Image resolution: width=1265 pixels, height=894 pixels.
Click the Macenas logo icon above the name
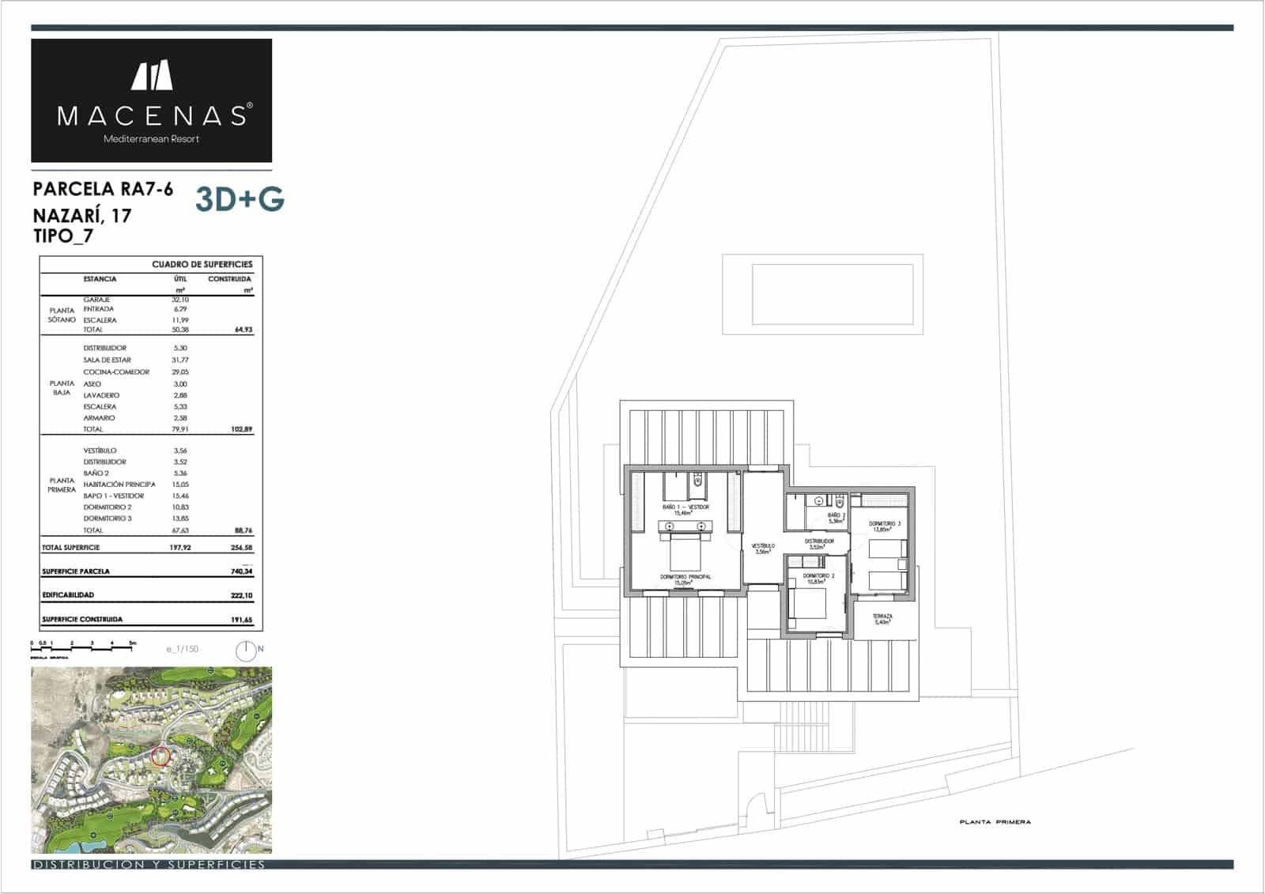(x=152, y=75)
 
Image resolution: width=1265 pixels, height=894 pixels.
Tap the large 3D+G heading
(x=240, y=200)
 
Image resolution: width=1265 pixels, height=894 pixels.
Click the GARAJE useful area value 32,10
(x=180, y=300)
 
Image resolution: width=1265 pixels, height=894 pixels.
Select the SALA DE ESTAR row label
(x=108, y=360)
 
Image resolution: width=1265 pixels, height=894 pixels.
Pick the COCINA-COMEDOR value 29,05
(x=180, y=372)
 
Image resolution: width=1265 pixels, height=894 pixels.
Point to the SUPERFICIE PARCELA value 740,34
(x=241, y=571)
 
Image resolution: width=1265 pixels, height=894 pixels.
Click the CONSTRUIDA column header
(x=229, y=279)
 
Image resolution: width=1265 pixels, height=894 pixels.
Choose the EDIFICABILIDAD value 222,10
(x=241, y=595)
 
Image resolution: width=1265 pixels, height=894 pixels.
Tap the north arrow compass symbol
(x=246, y=651)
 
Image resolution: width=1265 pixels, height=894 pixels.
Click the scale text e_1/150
(x=183, y=649)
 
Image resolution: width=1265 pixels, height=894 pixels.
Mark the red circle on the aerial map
(x=160, y=756)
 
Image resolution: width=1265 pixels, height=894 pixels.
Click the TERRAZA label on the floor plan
(x=882, y=617)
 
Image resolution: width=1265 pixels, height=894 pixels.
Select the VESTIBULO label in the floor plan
(x=763, y=547)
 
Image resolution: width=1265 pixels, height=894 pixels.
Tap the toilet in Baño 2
(x=840, y=501)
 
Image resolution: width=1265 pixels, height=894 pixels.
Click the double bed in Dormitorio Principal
(x=685, y=553)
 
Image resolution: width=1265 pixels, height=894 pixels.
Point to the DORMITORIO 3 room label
(x=885, y=525)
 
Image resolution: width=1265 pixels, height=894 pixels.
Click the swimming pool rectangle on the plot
(x=822, y=294)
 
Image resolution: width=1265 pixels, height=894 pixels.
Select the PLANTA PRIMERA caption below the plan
(x=995, y=822)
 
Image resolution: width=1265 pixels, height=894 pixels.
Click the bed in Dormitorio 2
(x=810, y=605)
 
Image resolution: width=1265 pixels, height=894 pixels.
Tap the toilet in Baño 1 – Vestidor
(x=697, y=480)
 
